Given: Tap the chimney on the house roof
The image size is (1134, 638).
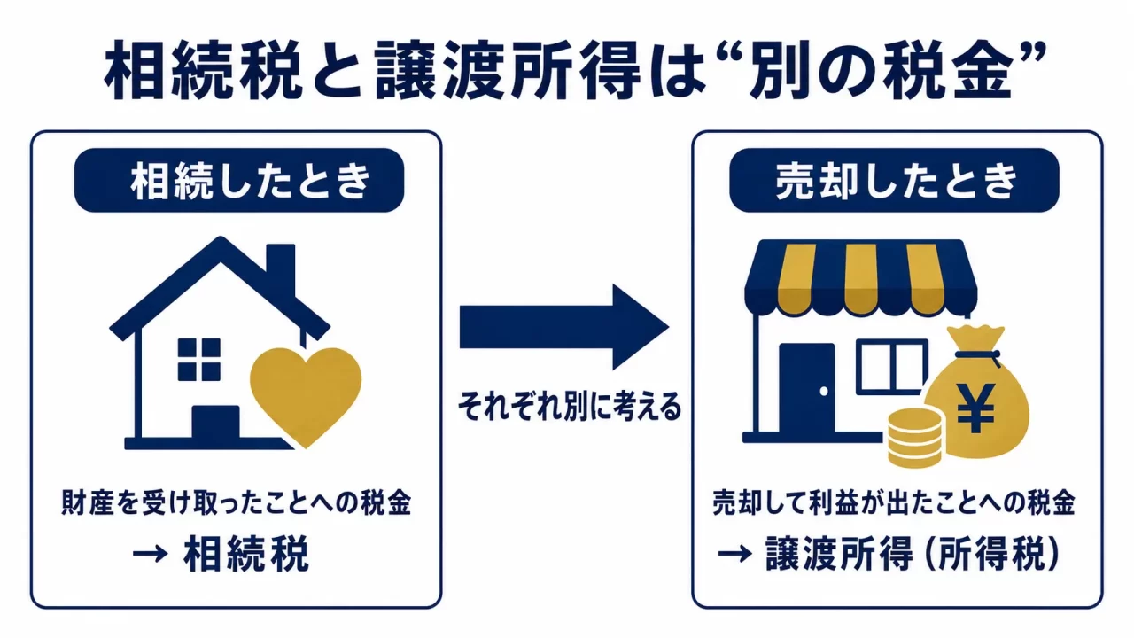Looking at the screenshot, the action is [x=281, y=268].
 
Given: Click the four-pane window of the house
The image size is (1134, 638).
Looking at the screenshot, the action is [x=199, y=360].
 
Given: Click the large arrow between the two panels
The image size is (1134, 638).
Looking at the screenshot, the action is [x=564, y=327].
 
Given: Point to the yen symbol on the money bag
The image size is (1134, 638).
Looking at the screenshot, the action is [x=975, y=408].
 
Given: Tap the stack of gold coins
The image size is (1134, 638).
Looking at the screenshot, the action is [x=915, y=438].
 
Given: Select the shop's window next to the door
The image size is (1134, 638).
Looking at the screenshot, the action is [x=892, y=367].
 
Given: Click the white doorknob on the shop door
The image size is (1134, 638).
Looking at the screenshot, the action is [x=824, y=391].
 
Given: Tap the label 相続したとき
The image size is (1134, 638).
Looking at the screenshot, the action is [x=250, y=181].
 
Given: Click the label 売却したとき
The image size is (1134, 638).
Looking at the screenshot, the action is [x=896, y=181].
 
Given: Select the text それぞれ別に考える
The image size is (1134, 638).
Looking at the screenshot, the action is [x=570, y=406].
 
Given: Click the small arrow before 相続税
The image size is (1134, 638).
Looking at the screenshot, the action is [x=150, y=554].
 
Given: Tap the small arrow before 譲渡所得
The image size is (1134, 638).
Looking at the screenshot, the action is [x=734, y=554].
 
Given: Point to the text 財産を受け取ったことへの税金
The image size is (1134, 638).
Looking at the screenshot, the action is [x=236, y=502].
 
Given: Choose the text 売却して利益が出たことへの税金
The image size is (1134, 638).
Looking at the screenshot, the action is [x=894, y=502].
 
